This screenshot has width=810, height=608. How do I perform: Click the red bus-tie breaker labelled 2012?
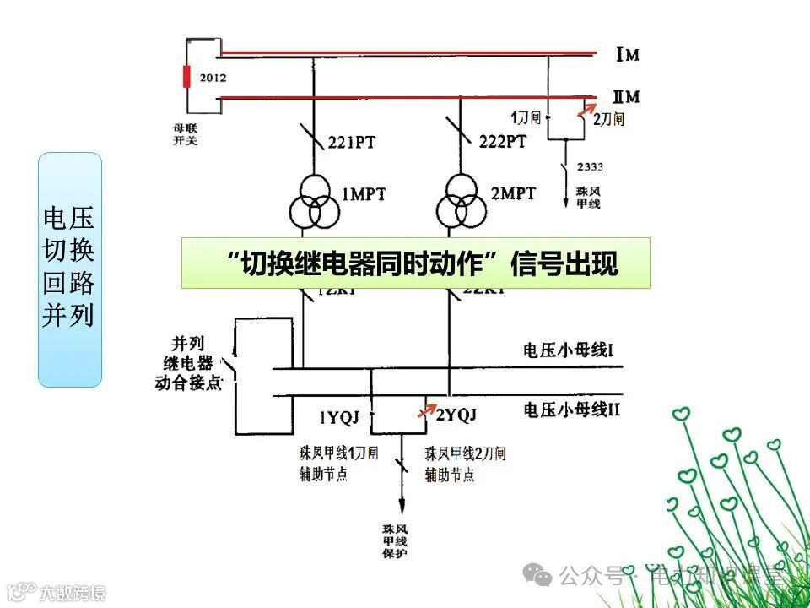(x=188, y=76)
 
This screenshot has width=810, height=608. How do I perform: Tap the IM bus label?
(x=627, y=56)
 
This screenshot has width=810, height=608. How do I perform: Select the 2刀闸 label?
(x=609, y=119)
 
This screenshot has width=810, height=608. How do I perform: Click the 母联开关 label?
(x=185, y=134)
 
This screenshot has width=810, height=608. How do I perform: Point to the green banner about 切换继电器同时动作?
(x=415, y=263)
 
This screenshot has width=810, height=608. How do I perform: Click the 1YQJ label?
(x=339, y=416)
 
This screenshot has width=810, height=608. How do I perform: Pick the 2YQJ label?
(x=456, y=415)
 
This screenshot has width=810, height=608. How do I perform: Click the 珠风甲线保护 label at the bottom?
(x=394, y=540)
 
